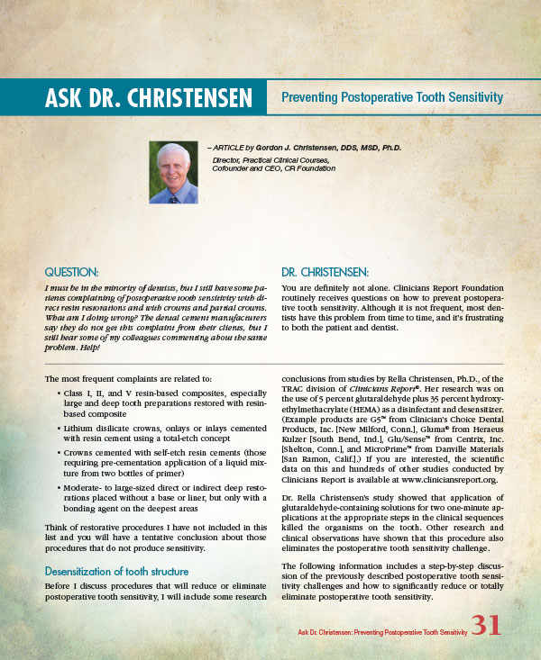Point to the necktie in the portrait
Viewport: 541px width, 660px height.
(173, 195)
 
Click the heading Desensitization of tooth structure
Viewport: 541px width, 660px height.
(116, 571)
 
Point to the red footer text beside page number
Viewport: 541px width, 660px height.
(382, 633)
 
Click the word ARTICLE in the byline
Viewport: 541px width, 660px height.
(231, 147)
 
